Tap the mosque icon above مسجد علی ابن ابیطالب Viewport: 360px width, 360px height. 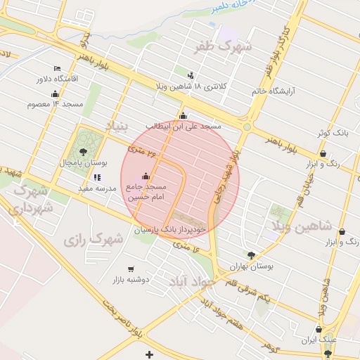tap(184, 116)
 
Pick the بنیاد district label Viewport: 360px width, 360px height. tap(117, 125)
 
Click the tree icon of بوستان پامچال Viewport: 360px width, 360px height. tap(84, 151)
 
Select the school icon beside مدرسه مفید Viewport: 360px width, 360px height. tap(96, 178)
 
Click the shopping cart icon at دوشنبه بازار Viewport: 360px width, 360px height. tap(131, 269)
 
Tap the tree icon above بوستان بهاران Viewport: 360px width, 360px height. tap(251, 255)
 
